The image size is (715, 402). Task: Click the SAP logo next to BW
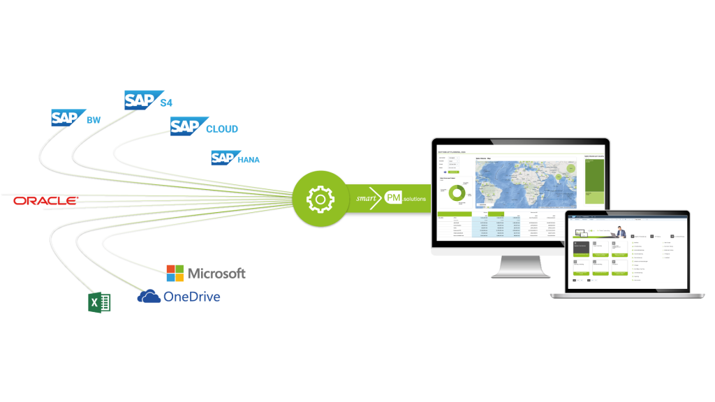(x=68, y=118)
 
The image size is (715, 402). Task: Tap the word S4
(x=166, y=103)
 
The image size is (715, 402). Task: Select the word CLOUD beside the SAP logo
(x=222, y=129)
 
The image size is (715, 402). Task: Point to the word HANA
(x=249, y=160)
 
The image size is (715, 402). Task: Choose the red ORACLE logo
(x=45, y=201)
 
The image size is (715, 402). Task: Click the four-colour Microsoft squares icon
(x=175, y=273)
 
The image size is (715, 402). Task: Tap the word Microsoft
(x=216, y=274)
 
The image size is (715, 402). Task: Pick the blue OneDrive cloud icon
(x=149, y=297)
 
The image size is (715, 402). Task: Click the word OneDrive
(x=191, y=297)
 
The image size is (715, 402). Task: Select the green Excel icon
(x=99, y=303)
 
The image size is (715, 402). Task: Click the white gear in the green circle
(x=319, y=200)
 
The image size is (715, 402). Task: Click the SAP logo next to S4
(x=142, y=100)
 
